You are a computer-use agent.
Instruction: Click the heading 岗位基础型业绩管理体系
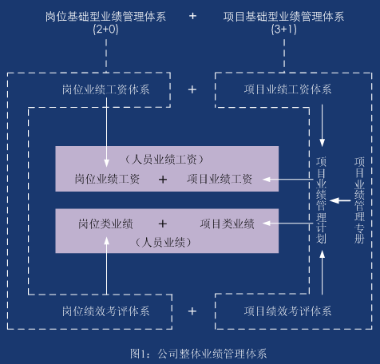(x=105, y=17)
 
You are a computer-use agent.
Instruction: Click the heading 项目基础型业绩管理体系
(x=283, y=17)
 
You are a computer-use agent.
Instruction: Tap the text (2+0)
(x=105, y=29)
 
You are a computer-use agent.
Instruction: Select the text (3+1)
(x=284, y=29)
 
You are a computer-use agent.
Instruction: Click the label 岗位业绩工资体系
(x=106, y=89)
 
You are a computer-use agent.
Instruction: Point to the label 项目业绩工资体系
(x=288, y=89)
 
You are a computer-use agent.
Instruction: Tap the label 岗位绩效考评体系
(x=106, y=311)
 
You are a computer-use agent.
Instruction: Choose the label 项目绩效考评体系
(x=288, y=311)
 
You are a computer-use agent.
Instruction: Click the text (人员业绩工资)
(x=164, y=160)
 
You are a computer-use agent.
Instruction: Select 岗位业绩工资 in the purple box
(x=107, y=179)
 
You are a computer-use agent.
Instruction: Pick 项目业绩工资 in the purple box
(x=220, y=179)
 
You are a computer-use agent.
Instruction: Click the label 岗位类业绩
(x=105, y=224)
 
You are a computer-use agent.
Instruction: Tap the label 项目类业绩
(x=228, y=224)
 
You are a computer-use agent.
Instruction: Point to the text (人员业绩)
(x=164, y=243)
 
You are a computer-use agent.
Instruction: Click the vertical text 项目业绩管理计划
(x=322, y=200)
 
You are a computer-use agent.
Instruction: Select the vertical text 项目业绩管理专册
(x=359, y=200)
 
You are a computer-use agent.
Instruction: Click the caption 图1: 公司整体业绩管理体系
(x=198, y=354)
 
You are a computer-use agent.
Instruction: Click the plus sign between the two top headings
(x=192, y=16)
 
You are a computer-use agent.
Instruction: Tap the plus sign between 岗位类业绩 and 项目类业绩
(x=163, y=224)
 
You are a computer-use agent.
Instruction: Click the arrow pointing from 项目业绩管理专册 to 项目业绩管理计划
(x=340, y=200)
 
